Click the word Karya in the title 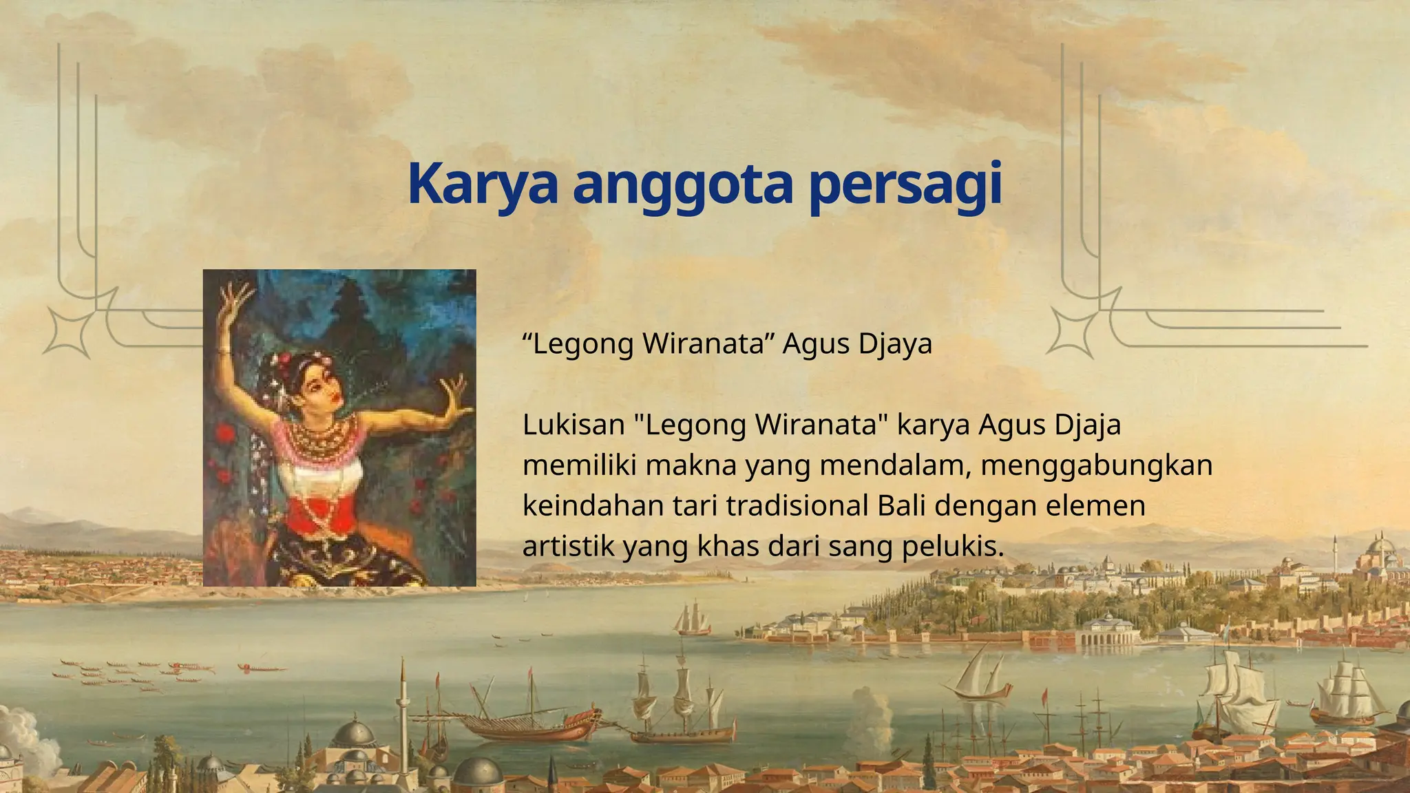pyautogui.click(x=482, y=184)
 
